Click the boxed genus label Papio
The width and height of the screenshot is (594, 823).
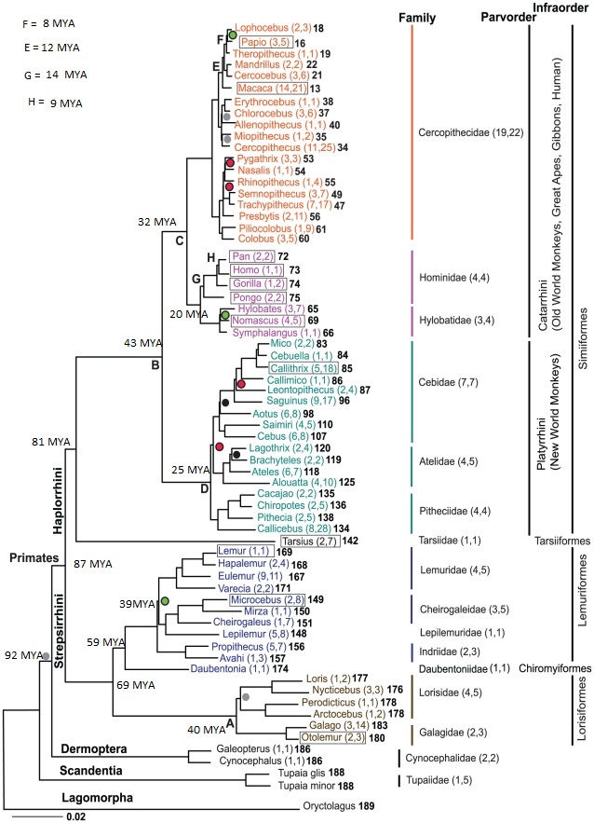click(265, 42)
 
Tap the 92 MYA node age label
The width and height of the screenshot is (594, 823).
click(23, 655)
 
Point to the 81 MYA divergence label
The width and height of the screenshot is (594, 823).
click(51, 442)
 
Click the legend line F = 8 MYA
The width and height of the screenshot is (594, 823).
click(48, 23)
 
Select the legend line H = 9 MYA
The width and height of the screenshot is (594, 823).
click(55, 103)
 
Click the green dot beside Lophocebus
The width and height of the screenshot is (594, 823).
click(233, 34)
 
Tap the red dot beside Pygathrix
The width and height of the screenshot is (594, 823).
click(229, 163)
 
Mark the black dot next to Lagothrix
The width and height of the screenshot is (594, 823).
click(236, 454)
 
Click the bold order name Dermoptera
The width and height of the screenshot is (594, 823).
click(93, 748)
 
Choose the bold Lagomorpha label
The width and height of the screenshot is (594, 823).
click(97, 798)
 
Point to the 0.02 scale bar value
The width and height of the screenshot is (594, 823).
click(76, 817)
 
